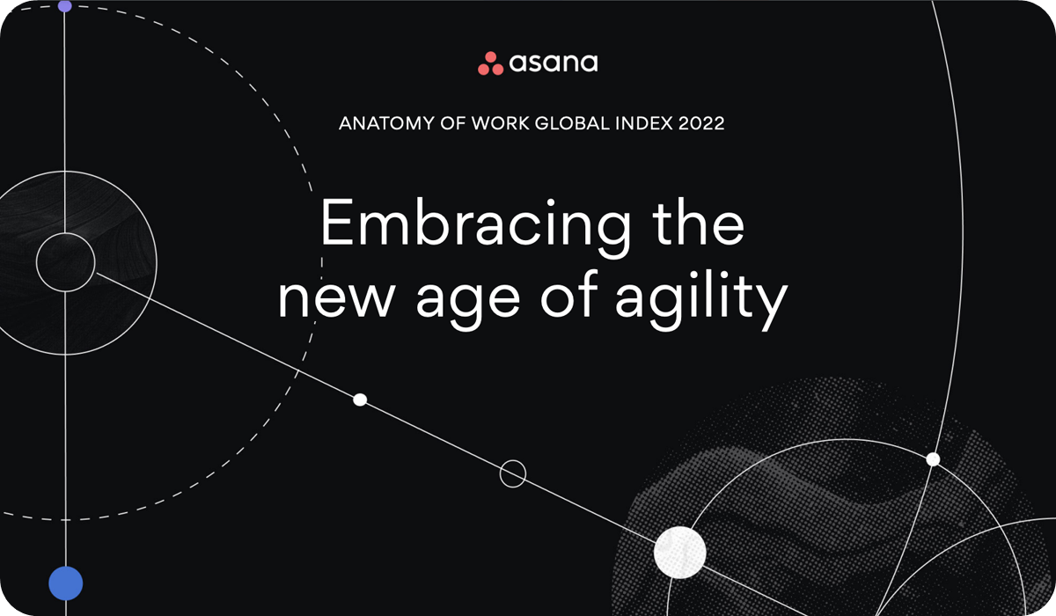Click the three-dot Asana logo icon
[490, 63]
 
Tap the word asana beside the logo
[554, 63]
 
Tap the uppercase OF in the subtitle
[445, 123]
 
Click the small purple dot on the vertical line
[64, 5]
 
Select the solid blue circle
[65, 583]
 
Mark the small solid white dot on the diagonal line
[360, 400]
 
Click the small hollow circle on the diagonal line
[513, 473]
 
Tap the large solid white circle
[679, 553]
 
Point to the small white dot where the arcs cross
[933, 459]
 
